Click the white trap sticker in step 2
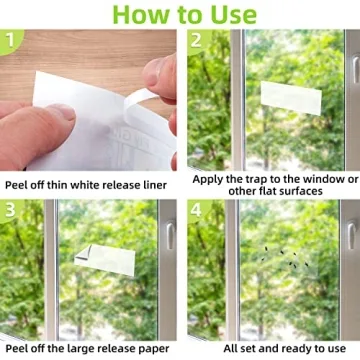pos(291,96)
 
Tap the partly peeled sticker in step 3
pos(105,260)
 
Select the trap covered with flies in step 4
pos(285,262)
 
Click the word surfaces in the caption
pos(309,192)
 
